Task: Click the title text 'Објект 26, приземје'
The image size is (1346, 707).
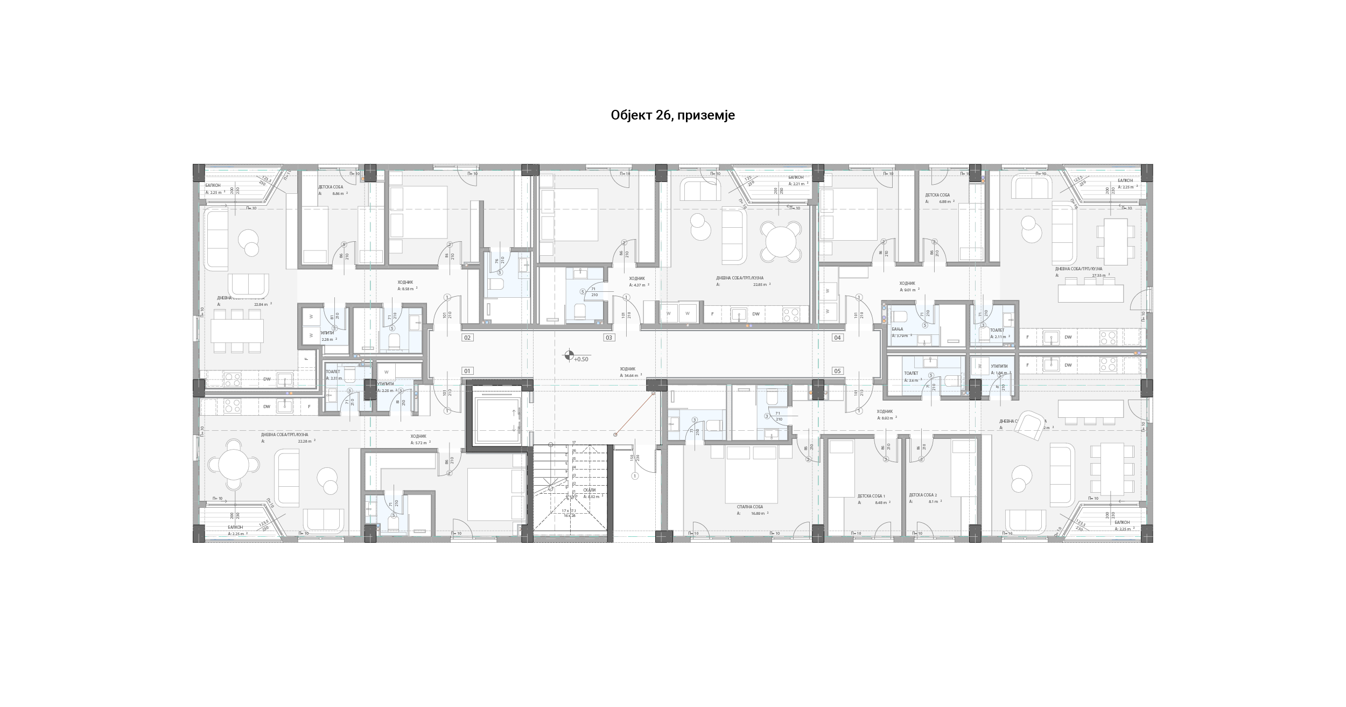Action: click(672, 115)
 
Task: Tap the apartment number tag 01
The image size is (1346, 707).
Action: click(467, 371)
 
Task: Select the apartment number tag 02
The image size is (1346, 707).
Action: click(467, 338)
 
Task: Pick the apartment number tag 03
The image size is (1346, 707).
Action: click(609, 338)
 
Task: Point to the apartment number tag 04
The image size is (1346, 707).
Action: click(837, 338)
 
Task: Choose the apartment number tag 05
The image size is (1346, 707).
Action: click(837, 371)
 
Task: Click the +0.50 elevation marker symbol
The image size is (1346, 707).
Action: click(569, 355)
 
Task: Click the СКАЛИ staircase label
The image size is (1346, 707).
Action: click(590, 490)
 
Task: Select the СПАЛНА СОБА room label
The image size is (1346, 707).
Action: click(750, 507)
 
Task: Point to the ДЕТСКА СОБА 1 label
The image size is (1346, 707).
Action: click(871, 496)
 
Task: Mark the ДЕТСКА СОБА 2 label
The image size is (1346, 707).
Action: click(923, 495)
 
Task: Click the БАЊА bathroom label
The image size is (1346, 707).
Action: click(898, 329)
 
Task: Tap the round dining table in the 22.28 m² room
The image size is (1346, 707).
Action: click(234, 464)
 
